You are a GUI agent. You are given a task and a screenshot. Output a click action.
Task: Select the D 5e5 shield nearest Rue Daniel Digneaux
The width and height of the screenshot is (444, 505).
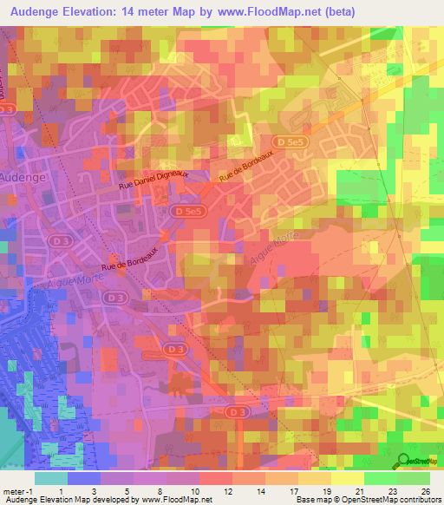[187, 211]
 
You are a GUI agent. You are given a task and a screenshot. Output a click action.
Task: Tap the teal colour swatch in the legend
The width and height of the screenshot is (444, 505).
[51, 477]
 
